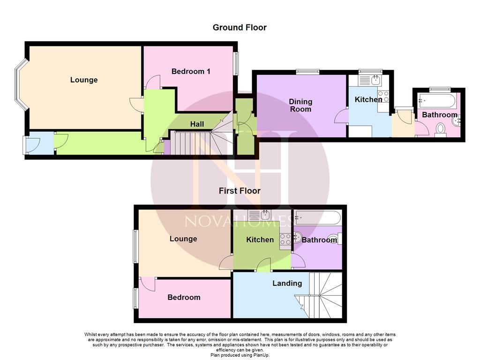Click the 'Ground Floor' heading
[x=240, y=28]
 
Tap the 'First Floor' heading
[x=240, y=191]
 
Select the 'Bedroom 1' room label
[x=191, y=71]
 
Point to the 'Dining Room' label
[x=300, y=105]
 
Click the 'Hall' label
[x=197, y=124]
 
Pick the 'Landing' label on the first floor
[x=287, y=284]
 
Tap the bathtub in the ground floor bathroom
[x=436, y=100]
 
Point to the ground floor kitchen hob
[x=383, y=97]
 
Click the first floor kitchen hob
[x=285, y=240]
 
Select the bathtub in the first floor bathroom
[x=317, y=217]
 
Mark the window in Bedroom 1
[x=236, y=63]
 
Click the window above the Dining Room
[x=307, y=72]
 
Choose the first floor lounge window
[x=135, y=246]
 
